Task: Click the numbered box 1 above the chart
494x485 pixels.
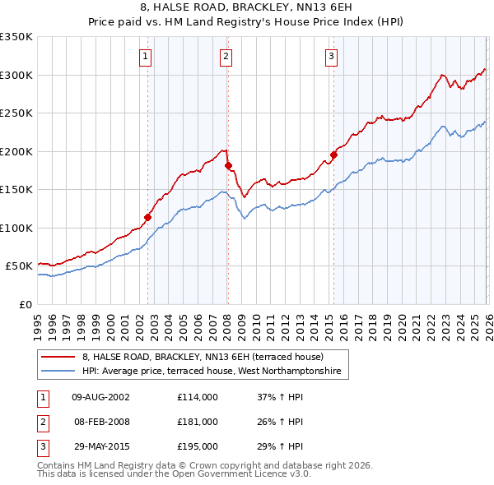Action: point(145,57)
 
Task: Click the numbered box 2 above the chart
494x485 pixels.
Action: point(225,57)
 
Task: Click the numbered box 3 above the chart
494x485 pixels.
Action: point(331,57)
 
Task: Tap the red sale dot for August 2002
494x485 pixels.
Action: point(148,218)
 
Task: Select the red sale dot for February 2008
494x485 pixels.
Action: point(228,166)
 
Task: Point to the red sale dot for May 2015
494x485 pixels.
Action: point(334,155)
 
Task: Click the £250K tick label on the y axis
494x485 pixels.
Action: point(16,113)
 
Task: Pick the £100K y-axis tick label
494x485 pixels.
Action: point(16,228)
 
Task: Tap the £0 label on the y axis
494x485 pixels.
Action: point(25,304)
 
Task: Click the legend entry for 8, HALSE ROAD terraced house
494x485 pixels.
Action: point(203,357)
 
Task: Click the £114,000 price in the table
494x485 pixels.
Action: point(198,397)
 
